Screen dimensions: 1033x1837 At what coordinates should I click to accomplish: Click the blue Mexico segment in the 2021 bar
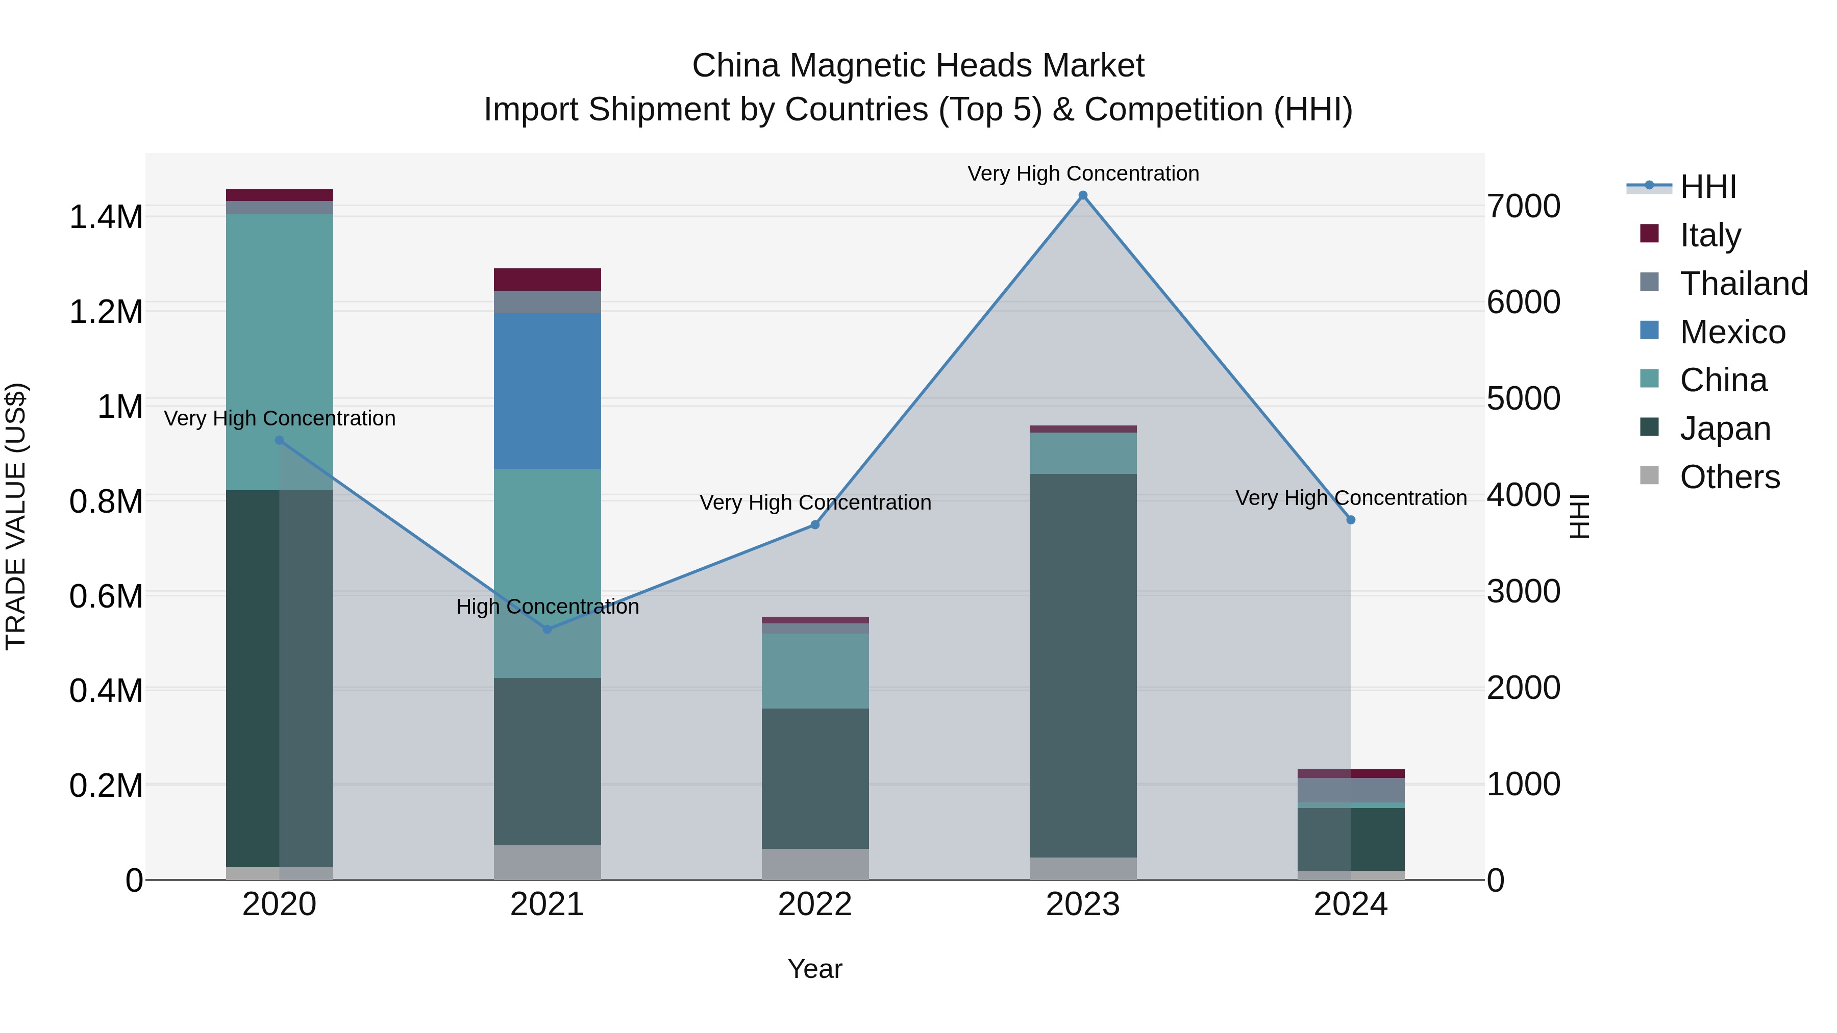pos(547,391)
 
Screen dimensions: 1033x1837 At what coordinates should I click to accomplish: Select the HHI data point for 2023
pos(1082,195)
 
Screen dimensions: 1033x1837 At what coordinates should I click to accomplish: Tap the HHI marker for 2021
pos(547,629)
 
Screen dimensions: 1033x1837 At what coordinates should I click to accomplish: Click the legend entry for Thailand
pos(1744,284)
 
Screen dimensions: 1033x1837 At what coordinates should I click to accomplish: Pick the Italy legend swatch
pos(1649,234)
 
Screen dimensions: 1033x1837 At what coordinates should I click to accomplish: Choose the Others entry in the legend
pos(1729,477)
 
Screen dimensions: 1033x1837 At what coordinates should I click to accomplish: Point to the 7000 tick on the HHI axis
pos(1523,207)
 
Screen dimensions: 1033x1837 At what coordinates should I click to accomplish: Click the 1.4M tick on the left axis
pos(106,217)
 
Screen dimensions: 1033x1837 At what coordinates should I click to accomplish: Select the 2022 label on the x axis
pos(814,904)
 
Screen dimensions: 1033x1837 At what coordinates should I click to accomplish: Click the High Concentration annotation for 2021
pos(547,607)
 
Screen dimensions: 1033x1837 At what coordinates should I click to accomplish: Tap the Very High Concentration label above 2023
pos(1082,173)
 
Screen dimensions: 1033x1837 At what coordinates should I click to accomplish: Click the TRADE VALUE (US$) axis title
pos(16,516)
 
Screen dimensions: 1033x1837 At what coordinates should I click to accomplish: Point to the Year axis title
pos(814,969)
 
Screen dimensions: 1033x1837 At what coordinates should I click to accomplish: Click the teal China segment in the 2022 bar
pos(814,670)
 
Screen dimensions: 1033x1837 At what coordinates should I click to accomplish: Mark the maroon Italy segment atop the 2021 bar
pos(547,280)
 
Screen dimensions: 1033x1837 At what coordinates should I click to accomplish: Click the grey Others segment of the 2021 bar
pos(547,862)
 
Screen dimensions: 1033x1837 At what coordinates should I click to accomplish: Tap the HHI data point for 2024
pos(1350,520)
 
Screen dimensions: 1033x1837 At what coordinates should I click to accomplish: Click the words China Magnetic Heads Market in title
pos(918,66)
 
